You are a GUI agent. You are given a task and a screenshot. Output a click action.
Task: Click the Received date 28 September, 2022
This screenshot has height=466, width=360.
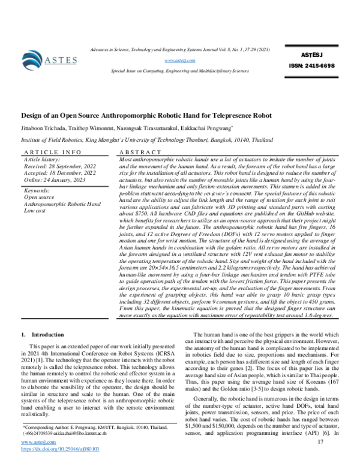click(57, 166)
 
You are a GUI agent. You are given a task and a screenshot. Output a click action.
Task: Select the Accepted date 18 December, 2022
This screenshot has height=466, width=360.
click(57, 173)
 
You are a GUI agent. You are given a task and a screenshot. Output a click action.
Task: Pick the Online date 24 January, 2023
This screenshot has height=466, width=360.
click(53, 180)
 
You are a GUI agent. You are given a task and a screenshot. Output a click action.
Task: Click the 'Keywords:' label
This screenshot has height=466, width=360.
click(36, 190)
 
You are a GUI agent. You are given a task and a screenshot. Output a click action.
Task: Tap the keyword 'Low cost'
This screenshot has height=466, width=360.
click(35, 210)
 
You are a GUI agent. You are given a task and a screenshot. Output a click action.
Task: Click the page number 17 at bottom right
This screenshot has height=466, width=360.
click(320, 442)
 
